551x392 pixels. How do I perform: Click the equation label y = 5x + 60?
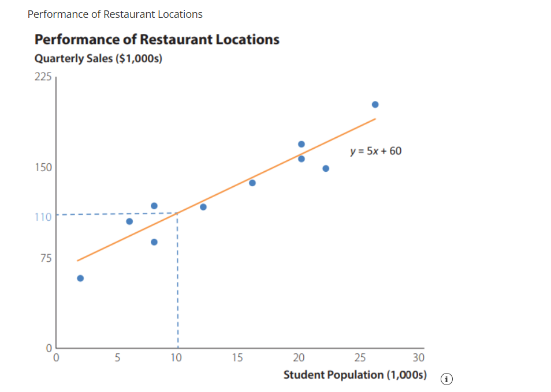point(375,152)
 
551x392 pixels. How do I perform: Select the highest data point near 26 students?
point(375,104)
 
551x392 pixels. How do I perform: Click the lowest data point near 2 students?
point(80,278)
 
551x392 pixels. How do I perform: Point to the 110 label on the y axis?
point(43,217)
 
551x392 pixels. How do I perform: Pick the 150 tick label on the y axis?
point(43,168)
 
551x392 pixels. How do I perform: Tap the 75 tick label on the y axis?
point(45,258)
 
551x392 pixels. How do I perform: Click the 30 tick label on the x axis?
point(419,358)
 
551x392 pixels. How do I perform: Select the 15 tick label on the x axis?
point(237,358)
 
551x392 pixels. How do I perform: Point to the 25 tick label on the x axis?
point(359,358)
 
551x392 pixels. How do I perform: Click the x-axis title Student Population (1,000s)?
point(355,375)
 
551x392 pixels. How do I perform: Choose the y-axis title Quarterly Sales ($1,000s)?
point(98,59)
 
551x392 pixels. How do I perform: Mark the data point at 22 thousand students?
point(326,168)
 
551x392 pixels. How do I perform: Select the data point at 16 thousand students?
point(252,183)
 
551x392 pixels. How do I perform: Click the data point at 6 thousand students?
point(129,221)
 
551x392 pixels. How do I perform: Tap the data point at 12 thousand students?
point(203,207)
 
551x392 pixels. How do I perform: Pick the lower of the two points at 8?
point(154,242)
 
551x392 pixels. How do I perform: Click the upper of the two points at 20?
point(301,144)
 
